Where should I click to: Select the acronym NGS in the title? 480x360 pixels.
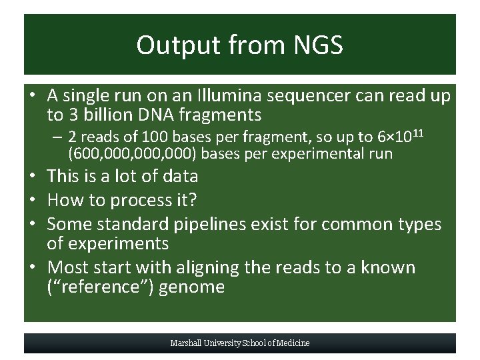click(x=317, y=45)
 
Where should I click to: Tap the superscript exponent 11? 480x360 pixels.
click(x=418, y=133)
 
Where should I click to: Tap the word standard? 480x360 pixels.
click(x=132, y=224)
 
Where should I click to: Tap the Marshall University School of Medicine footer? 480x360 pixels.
click(x=240, y=343)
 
